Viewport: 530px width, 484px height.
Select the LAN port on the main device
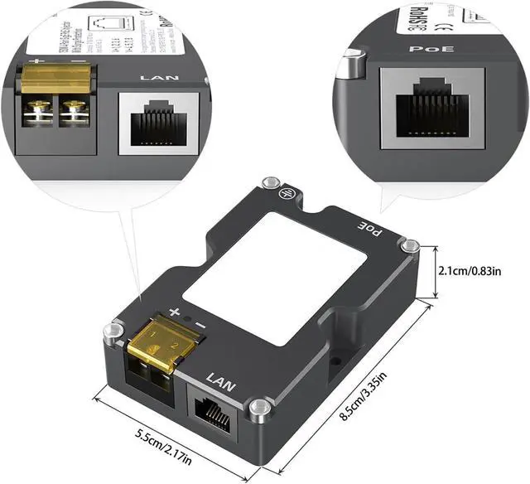click(214, 409)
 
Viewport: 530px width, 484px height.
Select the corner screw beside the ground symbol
click(267, 182)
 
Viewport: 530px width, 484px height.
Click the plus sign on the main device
click(175, 312)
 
